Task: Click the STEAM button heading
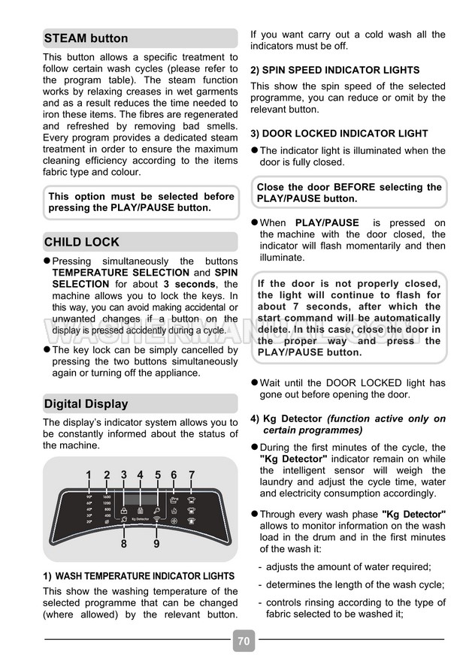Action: [86, 38]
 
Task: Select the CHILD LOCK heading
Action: [82, 243]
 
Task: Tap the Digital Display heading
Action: [86, 404]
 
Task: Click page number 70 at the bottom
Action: [243, 641]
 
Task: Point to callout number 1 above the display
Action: [88, 475]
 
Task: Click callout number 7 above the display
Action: [192, 475]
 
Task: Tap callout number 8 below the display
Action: [124, 543]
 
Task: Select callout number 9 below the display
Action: [156, 543]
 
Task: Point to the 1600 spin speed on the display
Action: [107, 497]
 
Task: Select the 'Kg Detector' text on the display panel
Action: [140, 518]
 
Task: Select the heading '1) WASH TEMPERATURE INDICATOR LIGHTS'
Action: [139, 576]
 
